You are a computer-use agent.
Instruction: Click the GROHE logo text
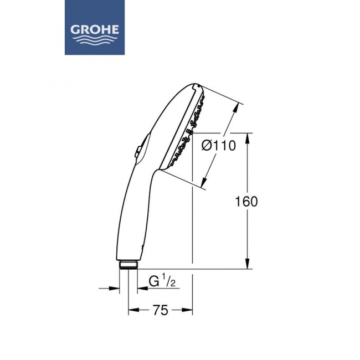[x=95, y=30]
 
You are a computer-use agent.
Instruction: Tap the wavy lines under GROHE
[x=95, y=40]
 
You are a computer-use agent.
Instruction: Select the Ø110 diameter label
[x=219, y=145]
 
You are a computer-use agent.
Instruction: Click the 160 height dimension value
[x=246, y=202]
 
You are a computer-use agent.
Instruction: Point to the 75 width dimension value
[x=161, y=310]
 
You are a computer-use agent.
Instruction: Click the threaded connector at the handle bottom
[x=128, y=265]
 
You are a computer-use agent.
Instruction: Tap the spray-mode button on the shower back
[x=138, y=152]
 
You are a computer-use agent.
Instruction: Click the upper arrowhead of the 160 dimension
[x=247, y=138]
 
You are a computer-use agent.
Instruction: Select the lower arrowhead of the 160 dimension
[x=247, y=263]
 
